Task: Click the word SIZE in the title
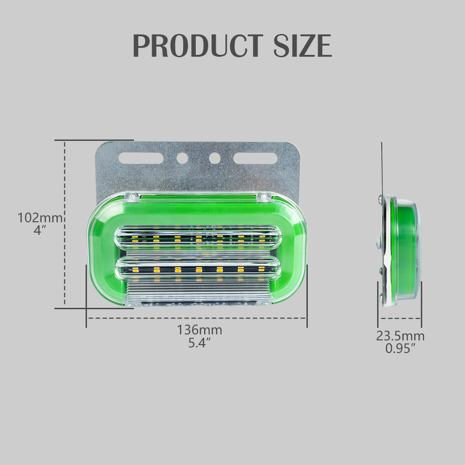[302, 46]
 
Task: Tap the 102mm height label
[40, 218]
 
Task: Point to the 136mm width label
[199, 330]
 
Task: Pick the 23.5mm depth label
[400, 336]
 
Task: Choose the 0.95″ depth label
[400, 348]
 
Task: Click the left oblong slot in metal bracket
[140, 158]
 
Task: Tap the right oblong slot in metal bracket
[255, 158]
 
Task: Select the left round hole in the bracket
[182, 158]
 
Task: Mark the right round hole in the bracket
[214, 158]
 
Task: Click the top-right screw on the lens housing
[263, 197]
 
